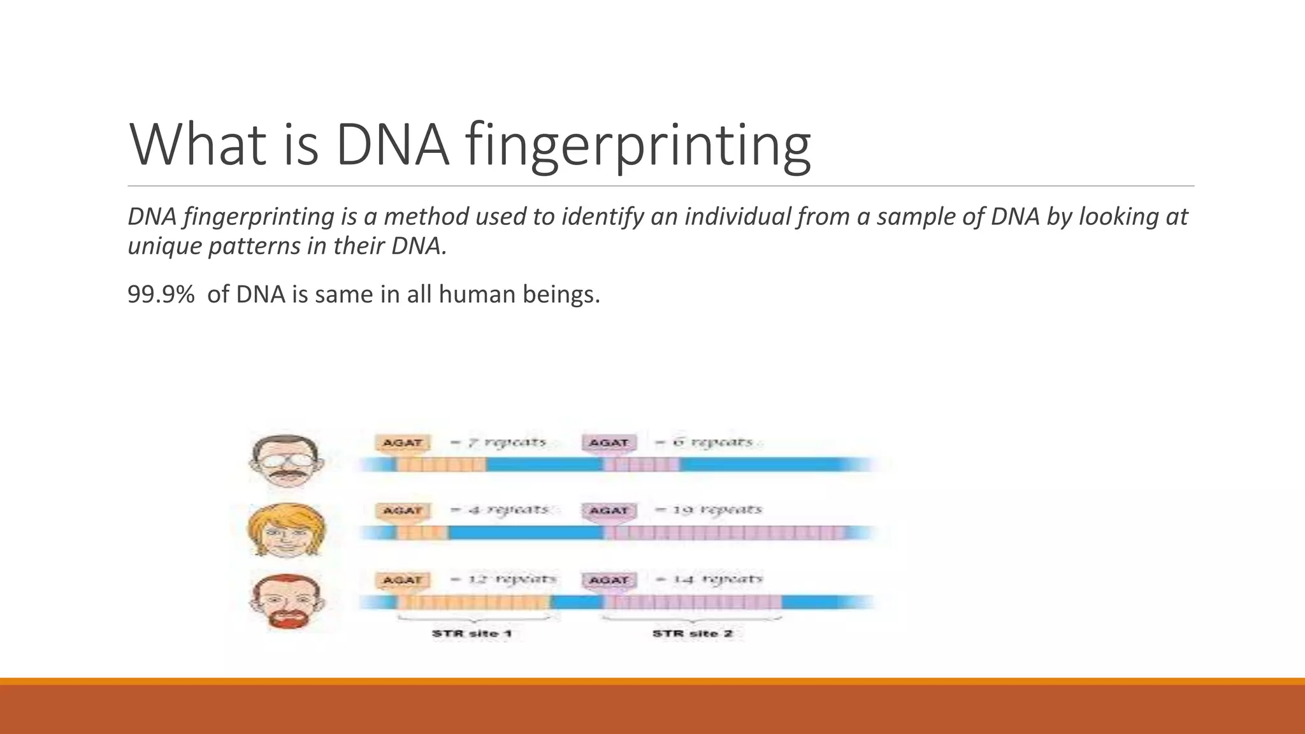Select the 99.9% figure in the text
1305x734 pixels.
tap(161, 294)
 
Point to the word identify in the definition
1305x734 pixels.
tap(603, 217)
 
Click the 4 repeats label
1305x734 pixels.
tap(501, 510)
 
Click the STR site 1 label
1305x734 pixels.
tap(472, 633)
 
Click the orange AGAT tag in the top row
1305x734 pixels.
tap(403, 442)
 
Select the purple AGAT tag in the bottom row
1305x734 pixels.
tap(609, 580)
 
